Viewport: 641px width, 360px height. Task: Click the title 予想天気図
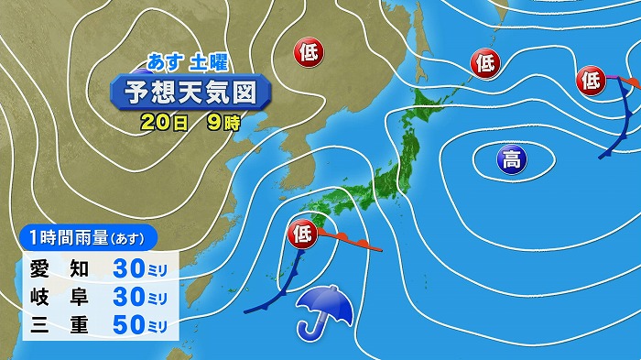(190, 93)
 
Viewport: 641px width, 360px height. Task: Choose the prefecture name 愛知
(57, 268)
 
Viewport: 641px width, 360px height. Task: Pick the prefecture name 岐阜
(57, 299)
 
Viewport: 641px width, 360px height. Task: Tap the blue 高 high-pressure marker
(510, 161)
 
